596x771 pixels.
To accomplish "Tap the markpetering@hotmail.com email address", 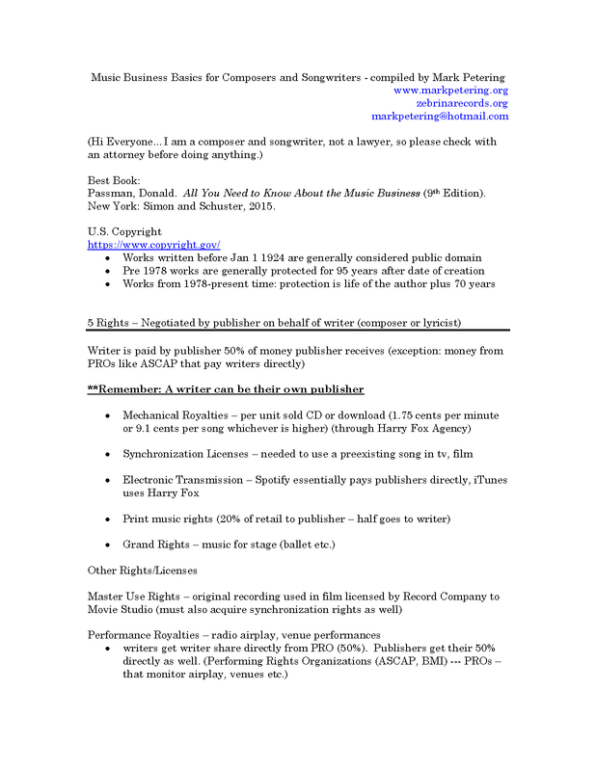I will coord(439,117).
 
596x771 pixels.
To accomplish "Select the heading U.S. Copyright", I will coord(124,232).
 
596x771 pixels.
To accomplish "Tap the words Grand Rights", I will coord(154,545).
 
